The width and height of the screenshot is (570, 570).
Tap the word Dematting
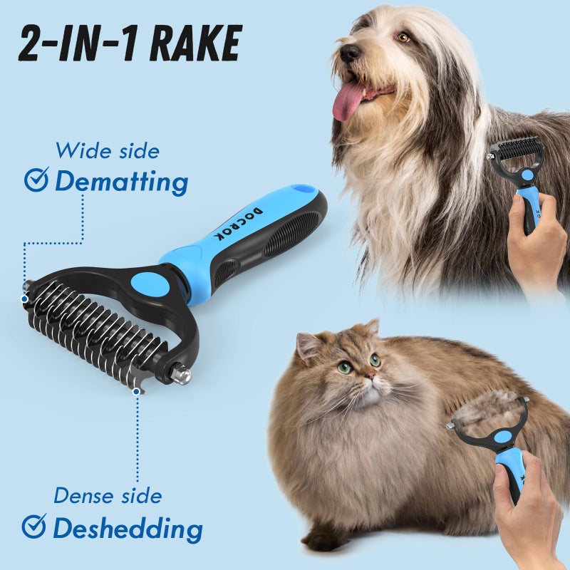pos(122,182)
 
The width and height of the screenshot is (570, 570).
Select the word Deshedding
pos(128,529)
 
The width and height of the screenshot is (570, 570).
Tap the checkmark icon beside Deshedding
pos(33,527)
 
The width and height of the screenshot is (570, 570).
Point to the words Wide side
pos(108,151)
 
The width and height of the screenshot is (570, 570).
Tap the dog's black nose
pos(349,51)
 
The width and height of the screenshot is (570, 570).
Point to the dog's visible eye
pos(404,37)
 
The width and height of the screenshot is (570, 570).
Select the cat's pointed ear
pos(309,346)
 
